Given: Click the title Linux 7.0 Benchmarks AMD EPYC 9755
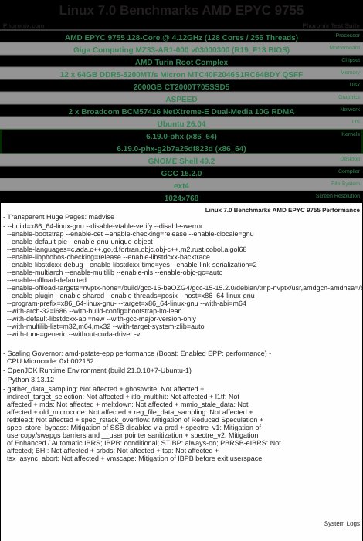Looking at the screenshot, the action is [x=181, y=11].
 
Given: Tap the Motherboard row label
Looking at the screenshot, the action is [x=344, y=47].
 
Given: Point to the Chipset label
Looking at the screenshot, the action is [x=350, y=59].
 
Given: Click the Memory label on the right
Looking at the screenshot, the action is [x=349, y=72].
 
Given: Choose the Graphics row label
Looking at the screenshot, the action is [x=348, y=96].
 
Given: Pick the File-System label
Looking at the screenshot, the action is [x=345, y=183].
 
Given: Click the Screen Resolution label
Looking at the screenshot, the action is [x=338, y=195].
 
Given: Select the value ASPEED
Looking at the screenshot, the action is [x=181, y=99].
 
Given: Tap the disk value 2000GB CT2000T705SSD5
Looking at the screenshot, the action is [x=181, y=86].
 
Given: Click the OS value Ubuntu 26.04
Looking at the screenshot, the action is [x=181, y=123].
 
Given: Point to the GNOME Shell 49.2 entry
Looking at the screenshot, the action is [x=181, y=161].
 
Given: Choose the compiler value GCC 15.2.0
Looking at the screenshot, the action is [x=181, y=174].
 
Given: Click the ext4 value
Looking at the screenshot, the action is [x=181, y=186].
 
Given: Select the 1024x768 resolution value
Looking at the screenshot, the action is [x=181, y=198].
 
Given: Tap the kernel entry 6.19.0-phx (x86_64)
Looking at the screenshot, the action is [x=181, y=136].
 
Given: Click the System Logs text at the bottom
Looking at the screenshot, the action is [x=341, y=523].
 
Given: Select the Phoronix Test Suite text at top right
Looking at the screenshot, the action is [x=331, y=25].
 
